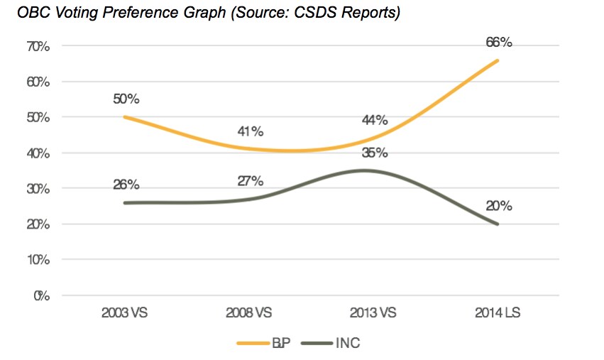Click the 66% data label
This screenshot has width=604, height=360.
pos(498,43)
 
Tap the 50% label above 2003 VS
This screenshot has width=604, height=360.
pos(126,99)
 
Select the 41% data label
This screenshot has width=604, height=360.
pos(250,131)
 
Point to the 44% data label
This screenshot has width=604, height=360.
pos(374,120)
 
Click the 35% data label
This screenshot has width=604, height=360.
pos(374,153)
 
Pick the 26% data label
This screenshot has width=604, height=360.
pos(126,185)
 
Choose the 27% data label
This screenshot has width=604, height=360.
pos(250,180)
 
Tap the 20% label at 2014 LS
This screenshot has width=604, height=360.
pos(498,206)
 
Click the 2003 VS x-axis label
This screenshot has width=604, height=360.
pos(126,313)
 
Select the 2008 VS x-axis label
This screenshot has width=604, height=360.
pos(250,313)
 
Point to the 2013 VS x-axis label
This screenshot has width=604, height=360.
pos(374,313)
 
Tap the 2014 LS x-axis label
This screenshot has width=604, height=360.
pos(498,313)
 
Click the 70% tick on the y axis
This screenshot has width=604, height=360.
pos(36,46)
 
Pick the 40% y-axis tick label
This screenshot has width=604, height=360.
pos(36,153)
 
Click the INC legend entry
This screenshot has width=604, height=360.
pos(331,344)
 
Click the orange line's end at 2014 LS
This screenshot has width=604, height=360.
pos(498,60)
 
